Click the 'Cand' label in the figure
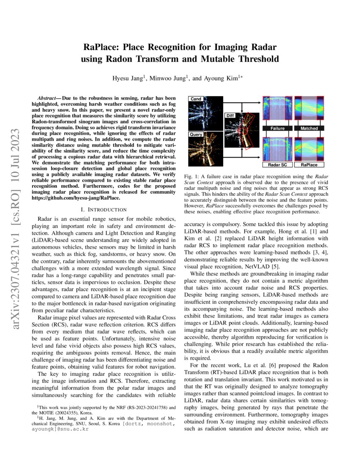[x=196, y=99]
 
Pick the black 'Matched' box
[x=309, y=128]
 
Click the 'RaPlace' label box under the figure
[x=309, y=164]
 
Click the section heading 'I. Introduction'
[x=103, y=209]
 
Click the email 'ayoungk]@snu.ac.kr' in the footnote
[x=60, y=429]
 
